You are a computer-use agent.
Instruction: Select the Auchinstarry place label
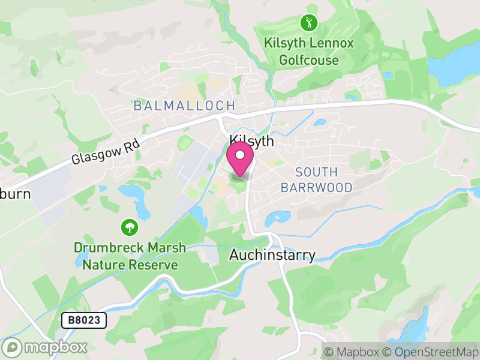click(x=272, y=255)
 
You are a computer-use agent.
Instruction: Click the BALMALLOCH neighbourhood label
click(x=184, y=106)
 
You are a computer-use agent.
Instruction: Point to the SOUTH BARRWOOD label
click(x=316, y=179)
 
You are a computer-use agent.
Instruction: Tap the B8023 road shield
click(x=84, y=321)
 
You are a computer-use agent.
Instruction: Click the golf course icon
click(x=309, y=23)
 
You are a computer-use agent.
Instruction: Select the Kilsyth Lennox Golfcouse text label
click(x=309, y=52)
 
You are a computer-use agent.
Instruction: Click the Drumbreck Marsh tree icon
click(x=129, y=227)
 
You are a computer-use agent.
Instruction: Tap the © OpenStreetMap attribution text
click(x=431, y=352)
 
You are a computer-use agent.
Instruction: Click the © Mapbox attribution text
click(x=352, y=352)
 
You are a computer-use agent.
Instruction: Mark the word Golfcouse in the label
click(x=309, y=60)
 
